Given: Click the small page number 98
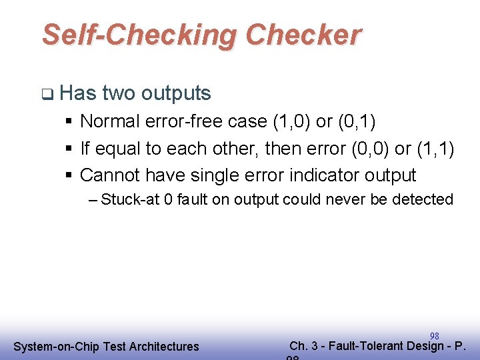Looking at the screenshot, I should point(434,335).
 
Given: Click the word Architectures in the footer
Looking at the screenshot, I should point(165,346).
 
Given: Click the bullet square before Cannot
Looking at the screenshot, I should point(70,176).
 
